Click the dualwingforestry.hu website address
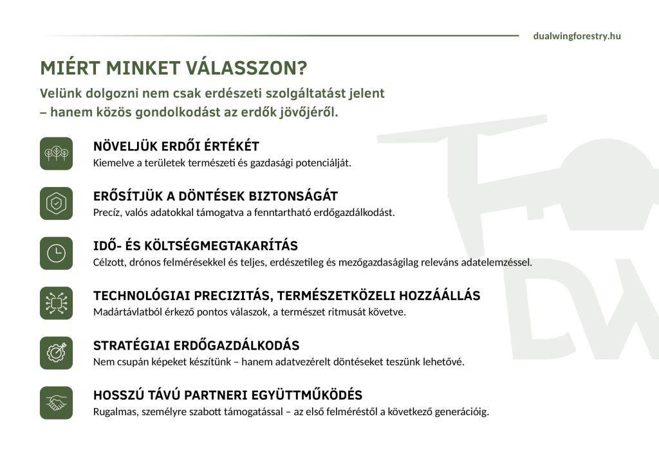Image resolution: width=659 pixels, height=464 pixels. pyautogui.click(x=577, y=36)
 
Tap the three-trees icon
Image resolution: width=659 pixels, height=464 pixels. pyautogui.click(x=57, y=154)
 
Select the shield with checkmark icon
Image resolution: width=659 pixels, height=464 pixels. pyautogui.click(x=57, y=203)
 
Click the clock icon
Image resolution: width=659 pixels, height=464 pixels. pyautogui.click(x=57, y=253)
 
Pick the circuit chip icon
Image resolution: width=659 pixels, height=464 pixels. pyautogui.click(x=57, y=303)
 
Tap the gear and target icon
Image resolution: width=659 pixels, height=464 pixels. pyautogui.click(x=57, y=353)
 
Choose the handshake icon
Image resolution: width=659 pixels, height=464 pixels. pyautogui.click(x=57, y=402)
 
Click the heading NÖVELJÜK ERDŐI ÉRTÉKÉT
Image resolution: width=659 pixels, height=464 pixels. pyautogui.click(x=176, y=147)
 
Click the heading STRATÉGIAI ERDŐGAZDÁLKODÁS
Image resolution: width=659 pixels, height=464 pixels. pyautogui.click(x=196, y=346)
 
